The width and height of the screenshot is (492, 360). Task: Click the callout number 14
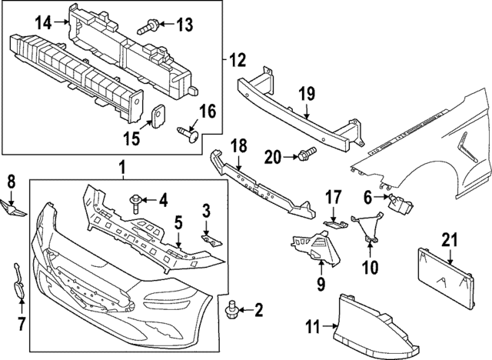(x=42, y=23)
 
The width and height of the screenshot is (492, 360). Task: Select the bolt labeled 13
(x=148, y=28)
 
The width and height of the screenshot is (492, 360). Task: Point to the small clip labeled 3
(x=208, y=238)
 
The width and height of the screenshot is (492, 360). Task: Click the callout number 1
(x=121, y=167)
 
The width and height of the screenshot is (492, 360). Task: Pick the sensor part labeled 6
(x=397, y=205)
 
